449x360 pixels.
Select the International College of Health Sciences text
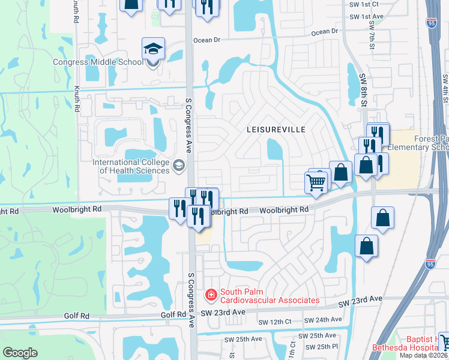[131, 166]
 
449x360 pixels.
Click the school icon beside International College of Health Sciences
[178, 165]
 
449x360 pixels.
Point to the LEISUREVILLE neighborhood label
[276, 130]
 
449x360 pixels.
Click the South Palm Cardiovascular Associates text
[269, 300]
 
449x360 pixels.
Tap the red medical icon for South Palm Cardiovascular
[211, 295]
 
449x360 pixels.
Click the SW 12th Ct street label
[274, 322]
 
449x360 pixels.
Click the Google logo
[20, 353]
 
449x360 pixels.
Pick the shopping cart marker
[316, 181]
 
